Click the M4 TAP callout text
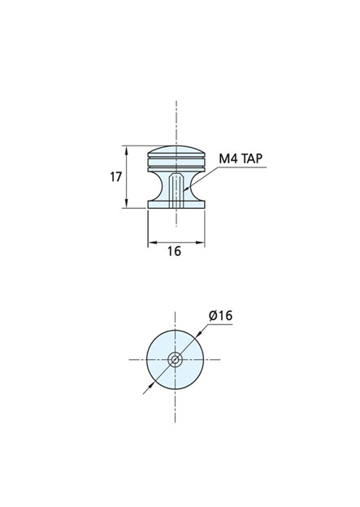pyautogui.click(x=241, y=158)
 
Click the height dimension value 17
pyautogui.click(x=115, y=177)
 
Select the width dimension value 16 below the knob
pyautogui.click(x=175, y=251)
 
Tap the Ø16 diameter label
pyautogui.click(x=220, y=315)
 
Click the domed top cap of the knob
pyautogui.click(x=176, y=151)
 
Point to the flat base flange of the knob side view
pyautogui.click(x=176, y=205)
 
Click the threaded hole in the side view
pyautogui.click(x=176, y=191)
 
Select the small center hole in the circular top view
pyautogui.click(x=175, y=359)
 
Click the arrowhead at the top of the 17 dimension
pyautogui.click(x=127, y=149)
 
